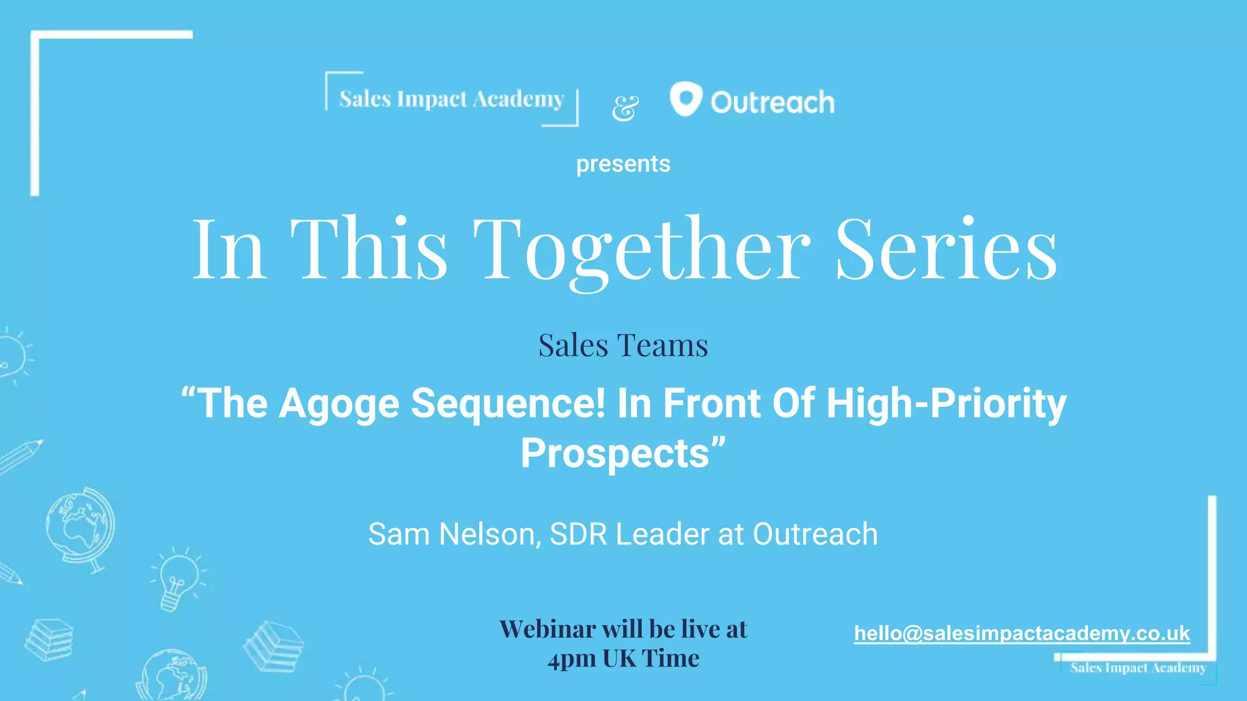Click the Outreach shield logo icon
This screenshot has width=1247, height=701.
(x=686, y=99)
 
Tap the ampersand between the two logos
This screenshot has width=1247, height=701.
(x=625, y=108)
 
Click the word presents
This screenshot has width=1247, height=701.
(x=623, y=164)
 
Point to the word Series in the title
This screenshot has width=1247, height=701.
(x=946, y=249)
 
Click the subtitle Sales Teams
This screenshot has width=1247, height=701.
(x=623, y=345)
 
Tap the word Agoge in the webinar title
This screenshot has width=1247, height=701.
(x=339, y=403)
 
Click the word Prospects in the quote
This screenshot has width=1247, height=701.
(x=615, y=453)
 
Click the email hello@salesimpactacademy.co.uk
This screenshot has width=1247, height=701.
(x=1022, y=633)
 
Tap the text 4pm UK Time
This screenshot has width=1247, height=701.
(x=623, y=658)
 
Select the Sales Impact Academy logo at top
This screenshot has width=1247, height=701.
(x=452, y=99)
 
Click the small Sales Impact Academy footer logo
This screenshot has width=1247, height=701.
(x=1137, y=668)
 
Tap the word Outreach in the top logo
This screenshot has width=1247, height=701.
(x=772, y=102)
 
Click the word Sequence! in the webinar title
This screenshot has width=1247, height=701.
(x=508, y=403)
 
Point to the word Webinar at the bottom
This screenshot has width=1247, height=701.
(x=547, y=629)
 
